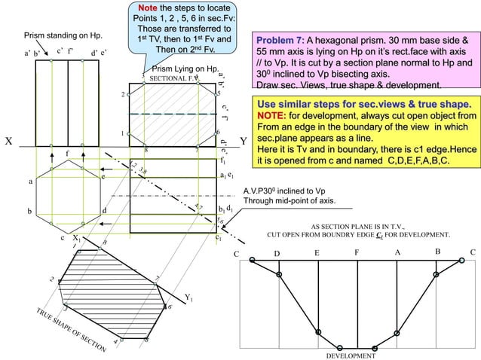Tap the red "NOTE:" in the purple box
coord(272,116)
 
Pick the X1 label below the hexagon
coord(77,239)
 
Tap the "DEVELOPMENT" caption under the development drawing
coord(351,355)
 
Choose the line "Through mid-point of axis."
coord(290,201)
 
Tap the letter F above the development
coord(356,253)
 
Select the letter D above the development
coord(277,254)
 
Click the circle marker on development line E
coord(317,330)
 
